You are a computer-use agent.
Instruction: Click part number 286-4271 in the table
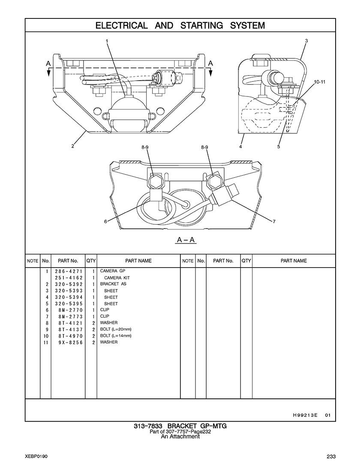tap(69, 271)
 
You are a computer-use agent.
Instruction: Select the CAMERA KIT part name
tap(117, 278)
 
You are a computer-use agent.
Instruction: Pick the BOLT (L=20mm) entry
tap(116, 329)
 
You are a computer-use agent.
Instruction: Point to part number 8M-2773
tap(70, 316)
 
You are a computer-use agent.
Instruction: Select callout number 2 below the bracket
tap(73, 146)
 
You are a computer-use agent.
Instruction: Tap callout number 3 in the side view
tap(306, 41)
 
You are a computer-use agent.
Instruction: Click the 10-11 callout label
tap(319, 81)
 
